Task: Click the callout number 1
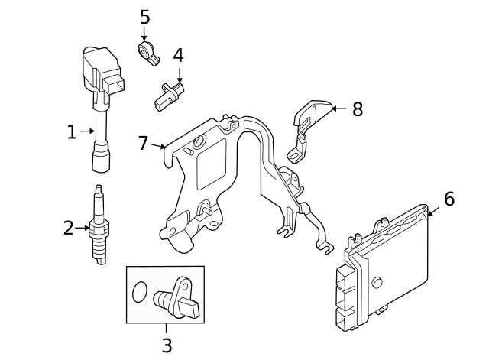pyautogui.click(x=72, y=132)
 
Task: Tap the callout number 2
pyautogui.click(x=69, y=227)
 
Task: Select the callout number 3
pyautogui.click(x=166, y=345)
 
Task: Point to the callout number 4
pyautogui.click(x=178, y=56)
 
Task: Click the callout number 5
pyautogui.click(x=144, y=17)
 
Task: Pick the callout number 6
pyautogui.click(x=449, y=199)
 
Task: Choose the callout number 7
pyautogui.click(x=143, y=143)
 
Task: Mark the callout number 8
pyautogui.click(x=356, y=109)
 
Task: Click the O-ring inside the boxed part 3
pyautogui.click(x=139, y=292)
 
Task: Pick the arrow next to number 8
pyautogui.click(x=339, y=109)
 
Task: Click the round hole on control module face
pyautogui.click(x=376, y=283)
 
